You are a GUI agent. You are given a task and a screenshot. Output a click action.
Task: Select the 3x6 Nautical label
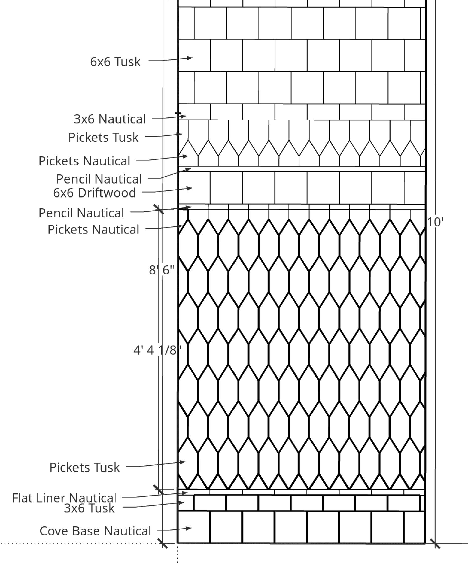[110, 119]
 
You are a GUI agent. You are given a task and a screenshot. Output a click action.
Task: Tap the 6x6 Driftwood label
[95, 193]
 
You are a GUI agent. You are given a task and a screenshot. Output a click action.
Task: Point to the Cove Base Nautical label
[95, 531]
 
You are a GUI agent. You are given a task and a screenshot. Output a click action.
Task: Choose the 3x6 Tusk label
[89, 508]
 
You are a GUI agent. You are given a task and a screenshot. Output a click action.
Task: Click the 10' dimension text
[435, 222]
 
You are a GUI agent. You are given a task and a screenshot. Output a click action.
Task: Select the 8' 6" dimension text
[162, 270]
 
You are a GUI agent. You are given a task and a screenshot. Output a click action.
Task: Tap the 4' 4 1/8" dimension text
[158, 350]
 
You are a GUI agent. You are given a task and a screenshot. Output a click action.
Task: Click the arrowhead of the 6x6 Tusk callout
[190, 58]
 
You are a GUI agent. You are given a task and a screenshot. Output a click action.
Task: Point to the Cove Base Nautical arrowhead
[189, 528]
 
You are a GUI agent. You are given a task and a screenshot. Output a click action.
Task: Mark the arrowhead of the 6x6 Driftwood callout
[190, 188]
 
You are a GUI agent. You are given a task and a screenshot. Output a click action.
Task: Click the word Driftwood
[107, 193]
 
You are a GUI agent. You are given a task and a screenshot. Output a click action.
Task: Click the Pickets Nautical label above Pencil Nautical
[84, 161]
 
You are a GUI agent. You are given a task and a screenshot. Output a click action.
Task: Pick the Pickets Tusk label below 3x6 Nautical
[103, 138]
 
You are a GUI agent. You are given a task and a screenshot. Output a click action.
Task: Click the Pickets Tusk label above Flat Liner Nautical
[85, 467]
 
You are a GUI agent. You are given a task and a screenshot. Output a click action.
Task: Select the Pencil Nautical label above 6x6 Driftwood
[99, 179]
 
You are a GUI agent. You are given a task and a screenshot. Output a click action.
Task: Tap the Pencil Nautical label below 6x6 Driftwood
[81, 213]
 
